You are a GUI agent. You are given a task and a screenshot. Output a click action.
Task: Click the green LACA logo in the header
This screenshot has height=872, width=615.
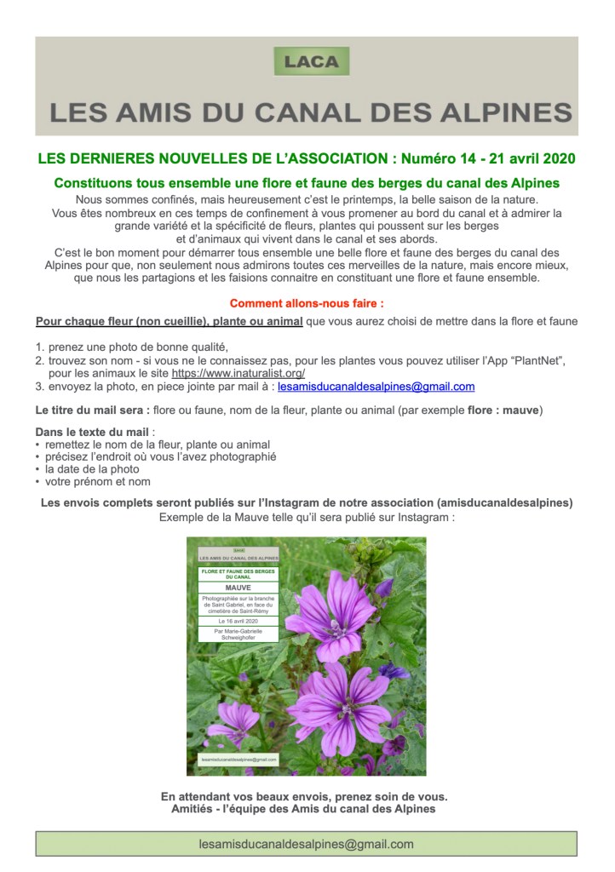pyautogui.click(x=312, y=61)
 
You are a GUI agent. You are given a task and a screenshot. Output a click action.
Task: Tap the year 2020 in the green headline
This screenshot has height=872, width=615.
pyautogui.click(x=559, y=158)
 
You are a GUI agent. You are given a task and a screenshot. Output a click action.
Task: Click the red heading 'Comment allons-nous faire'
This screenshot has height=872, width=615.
pyautogui.click(x=306, y=302)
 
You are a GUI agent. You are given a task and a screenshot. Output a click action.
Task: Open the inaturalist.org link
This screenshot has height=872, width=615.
pyautogui.click(x=239, y=373)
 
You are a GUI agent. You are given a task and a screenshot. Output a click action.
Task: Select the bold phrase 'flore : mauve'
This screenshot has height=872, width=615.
pyautogui.click(x=505, y=410)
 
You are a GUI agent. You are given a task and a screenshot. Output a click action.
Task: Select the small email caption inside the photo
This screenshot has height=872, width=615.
pyautogui.click(x=239, y=758)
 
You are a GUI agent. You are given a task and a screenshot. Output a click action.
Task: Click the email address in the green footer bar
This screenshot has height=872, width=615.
pyautogui.click(x=306, y=844)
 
